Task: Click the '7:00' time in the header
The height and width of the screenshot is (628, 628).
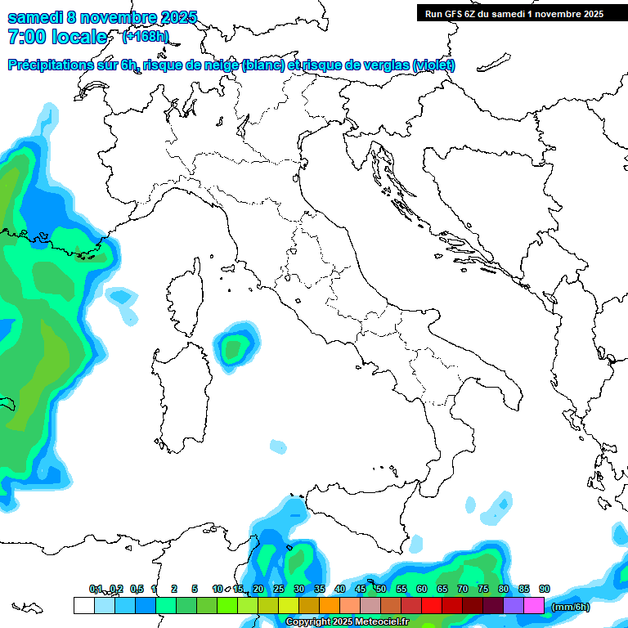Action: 28,37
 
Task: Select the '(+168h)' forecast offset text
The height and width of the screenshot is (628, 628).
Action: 145,37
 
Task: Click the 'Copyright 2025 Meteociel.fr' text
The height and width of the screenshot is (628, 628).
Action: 347,622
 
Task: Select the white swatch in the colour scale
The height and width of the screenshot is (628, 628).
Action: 83,606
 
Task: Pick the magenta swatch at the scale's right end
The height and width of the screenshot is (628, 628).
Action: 534,606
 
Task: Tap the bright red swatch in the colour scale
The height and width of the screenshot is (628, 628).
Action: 432,606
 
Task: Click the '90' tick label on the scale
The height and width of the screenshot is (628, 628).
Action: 545,589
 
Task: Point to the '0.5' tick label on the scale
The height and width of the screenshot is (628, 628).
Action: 137,589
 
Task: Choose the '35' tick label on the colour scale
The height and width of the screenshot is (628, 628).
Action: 320,589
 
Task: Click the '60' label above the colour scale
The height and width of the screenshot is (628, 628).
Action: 422,589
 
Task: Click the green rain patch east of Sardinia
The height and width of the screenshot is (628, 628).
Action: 235,348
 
